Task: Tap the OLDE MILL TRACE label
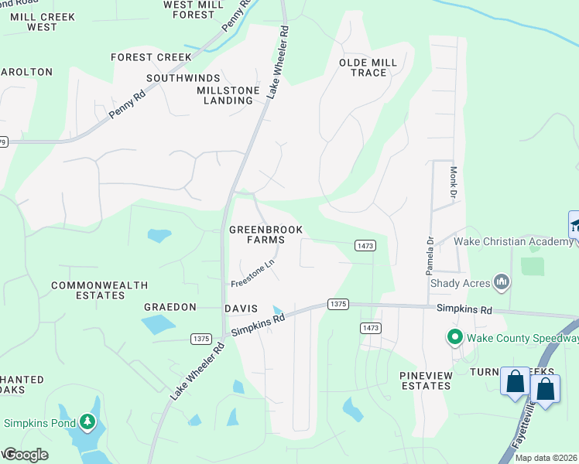[368, 67]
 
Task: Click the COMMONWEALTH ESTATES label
[99, 290]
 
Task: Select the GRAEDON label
[170, 307]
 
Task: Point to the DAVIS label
[240, 308]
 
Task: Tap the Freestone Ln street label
[252, 274]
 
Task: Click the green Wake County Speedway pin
[454, 337]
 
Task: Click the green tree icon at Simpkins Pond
[88, 422]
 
